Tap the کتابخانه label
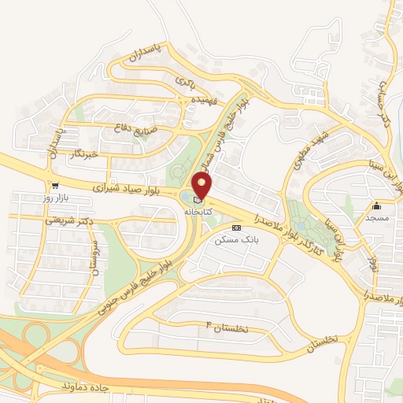(x=198, y=213)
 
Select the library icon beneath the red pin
(x=198, y=201)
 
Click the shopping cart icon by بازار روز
(x=54, y=187)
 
